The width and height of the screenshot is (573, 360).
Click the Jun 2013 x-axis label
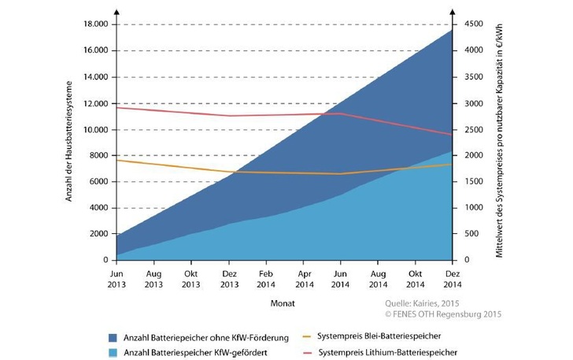tap(116, 276)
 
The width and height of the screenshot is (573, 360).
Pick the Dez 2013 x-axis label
tap(229, 276)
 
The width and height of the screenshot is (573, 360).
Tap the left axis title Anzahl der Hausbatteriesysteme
tap(68, 141)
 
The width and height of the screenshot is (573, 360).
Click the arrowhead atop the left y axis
tap(116, 11)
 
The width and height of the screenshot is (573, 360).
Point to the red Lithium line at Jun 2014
tap(341, 113)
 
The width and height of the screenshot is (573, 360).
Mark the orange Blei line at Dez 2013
tap(229, 172)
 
